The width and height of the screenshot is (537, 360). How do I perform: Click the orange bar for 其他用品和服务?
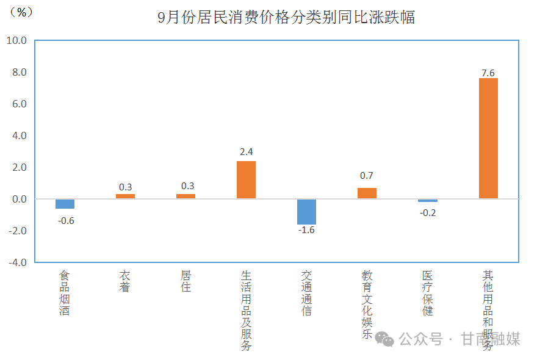pyautogui.click(x=488, y=138)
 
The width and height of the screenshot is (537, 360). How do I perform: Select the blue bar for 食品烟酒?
pyautogui.click(x=65, y=204)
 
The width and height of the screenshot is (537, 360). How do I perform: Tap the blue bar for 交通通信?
pyautogui.click(x=306, y=212)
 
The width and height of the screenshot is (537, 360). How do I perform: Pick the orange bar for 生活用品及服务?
pyautogui.click(x=246, y=179)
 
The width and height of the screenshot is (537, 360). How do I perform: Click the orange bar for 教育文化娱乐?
pyautogui.click(x=367, y=193)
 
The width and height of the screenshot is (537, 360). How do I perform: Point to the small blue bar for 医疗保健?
pyautogui.click(x=427, y=200)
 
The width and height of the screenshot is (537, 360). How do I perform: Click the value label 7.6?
pyautogui.click(x=488, y=73)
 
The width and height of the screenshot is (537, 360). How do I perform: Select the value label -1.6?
pyautogui.click(x=306, y=230)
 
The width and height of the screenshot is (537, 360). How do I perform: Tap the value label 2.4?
pyautogui.click(x=246, y=152)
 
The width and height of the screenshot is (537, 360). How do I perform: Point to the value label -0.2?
pyautogui.click(x=427, y=213)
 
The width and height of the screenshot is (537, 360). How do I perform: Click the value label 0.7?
pyautogui.click(x=367, y=176)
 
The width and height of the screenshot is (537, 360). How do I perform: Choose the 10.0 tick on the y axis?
pyautogui.click(x=16, y=41)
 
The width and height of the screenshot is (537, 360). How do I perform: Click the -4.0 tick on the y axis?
pyautogui.click(x=16, y=262)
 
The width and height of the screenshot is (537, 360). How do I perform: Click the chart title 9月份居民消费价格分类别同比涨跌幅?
pyautogui.click(x=286, y=17)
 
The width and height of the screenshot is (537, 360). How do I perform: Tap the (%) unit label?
pyautogui.click(x=21, y=12)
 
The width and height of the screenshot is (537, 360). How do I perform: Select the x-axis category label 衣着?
pyautogui.click(x=125, y=281)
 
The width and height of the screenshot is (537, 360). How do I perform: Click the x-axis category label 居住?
pyautogui.click(x=186, y=281)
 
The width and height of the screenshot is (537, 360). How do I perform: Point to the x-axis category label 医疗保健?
pyautogui.click(x=427, y=293)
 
